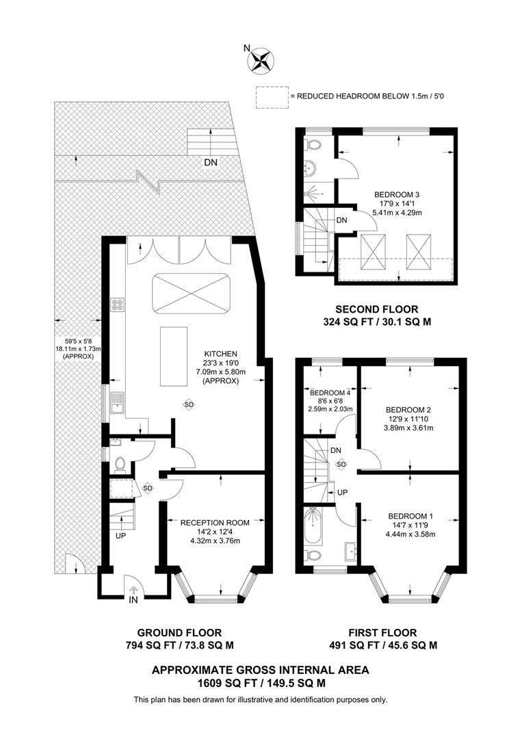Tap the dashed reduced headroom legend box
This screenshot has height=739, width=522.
272,97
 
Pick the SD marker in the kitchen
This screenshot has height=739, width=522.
189,404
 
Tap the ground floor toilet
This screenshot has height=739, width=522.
120,465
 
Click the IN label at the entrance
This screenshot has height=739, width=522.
133,600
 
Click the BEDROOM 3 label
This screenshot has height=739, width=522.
397,194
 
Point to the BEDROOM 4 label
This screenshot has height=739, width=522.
330,393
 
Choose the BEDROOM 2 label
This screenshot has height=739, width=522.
409,409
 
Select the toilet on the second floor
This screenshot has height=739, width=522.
313,146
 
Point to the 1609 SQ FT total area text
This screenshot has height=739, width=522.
260,683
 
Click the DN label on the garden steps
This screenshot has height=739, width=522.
212,162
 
